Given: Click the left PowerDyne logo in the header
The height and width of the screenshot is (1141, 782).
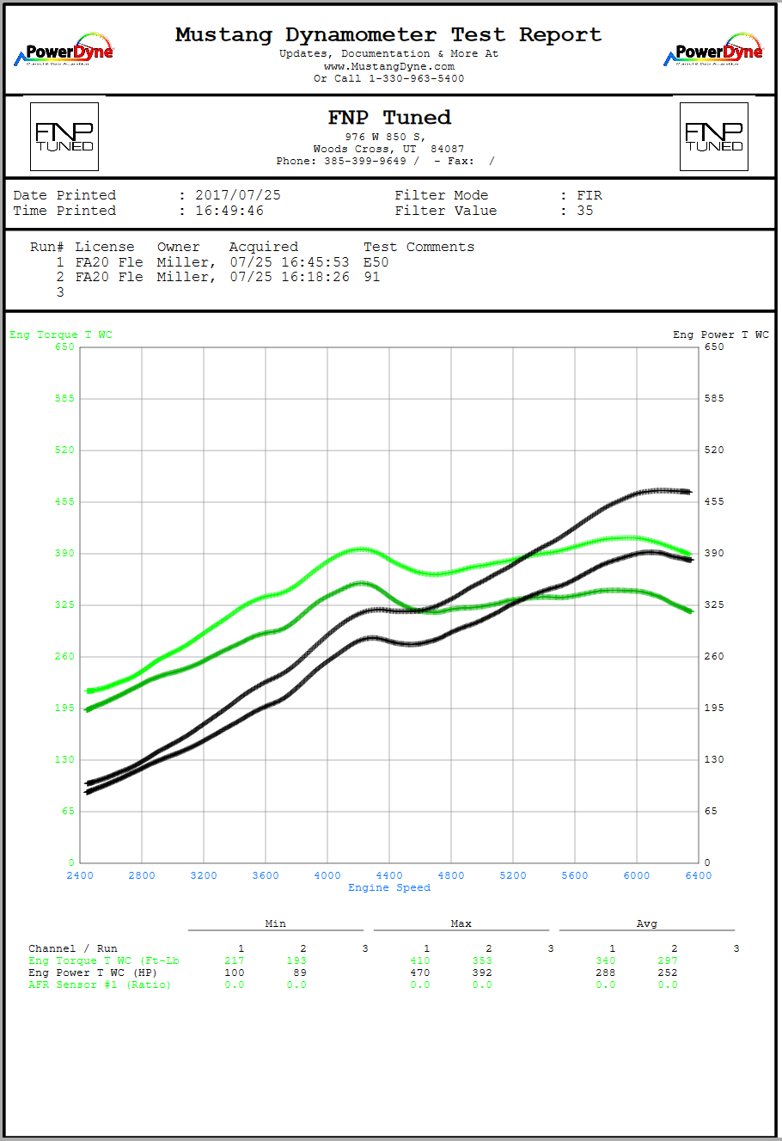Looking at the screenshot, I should click(x=64, y=51).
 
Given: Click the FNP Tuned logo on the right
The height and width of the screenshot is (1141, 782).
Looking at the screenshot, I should click(x=713, y=137).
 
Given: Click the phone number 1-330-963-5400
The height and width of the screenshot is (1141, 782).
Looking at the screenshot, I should click(x=417, y=78).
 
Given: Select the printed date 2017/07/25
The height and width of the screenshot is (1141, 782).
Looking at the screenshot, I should click(x=238, y=195).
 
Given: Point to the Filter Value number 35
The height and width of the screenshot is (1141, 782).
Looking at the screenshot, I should click(x=585, y=211).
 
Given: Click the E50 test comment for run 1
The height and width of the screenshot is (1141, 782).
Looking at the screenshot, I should click(x=376, y=262).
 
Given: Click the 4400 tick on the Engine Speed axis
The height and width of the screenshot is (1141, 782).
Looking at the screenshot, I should click(x=389, y=875).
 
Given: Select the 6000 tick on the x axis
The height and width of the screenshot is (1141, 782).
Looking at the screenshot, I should click(x=637, y=875).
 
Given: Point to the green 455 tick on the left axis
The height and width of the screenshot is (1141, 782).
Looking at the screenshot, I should click(x=65, y=501).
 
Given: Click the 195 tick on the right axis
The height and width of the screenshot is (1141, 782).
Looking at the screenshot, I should click(x=714, y=708).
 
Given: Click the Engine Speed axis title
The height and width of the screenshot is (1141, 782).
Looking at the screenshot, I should click(x=389, y=887).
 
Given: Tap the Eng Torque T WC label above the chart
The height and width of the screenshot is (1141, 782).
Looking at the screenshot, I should click(x=61, y=334).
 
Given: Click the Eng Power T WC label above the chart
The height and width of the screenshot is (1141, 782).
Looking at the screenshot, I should click(x=721, y=334).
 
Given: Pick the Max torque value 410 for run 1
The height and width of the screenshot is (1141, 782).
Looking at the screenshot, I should click(x=420, y=960).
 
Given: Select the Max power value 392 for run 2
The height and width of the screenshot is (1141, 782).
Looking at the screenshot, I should click(x=482, y=972).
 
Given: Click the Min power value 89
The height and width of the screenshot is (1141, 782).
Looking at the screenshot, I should click(x=296, y=972).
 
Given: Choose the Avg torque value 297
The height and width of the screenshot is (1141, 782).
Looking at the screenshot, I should click(x=668, y=960).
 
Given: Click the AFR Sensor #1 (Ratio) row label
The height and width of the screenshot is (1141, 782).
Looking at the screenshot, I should click(x=100, y=985).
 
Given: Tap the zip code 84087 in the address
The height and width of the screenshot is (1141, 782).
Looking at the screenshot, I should click(x=448, y=149).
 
